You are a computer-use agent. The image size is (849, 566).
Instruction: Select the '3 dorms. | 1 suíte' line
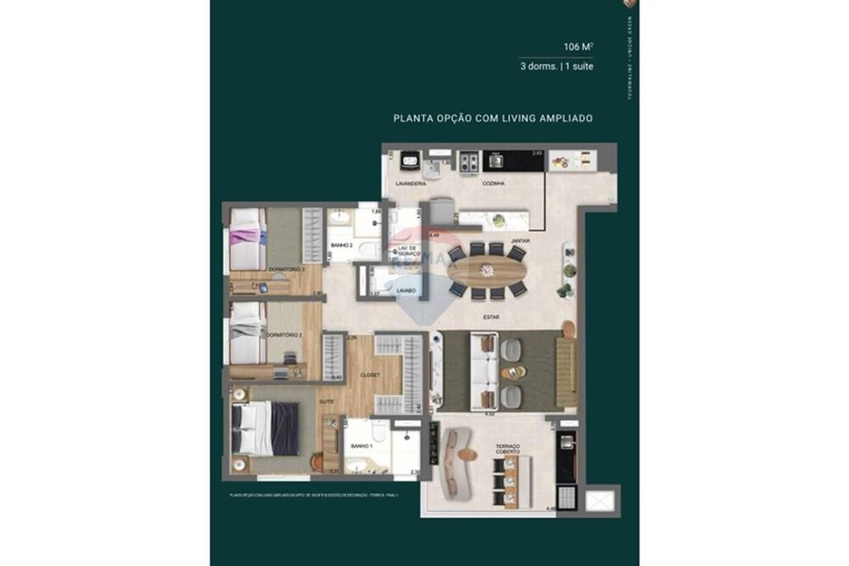(556, 66)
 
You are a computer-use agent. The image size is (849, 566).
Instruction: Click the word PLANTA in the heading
(410, 119)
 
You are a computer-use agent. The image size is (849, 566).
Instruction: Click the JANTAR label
(520, 241)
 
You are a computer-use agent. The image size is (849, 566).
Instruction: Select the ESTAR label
(491, 317)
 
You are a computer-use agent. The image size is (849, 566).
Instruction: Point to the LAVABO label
(406, 290)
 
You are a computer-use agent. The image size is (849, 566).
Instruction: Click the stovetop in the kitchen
(469, 161)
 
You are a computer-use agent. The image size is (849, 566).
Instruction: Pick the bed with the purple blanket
(248, 240)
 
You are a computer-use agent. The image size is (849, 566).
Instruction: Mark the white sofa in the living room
(483, 372)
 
